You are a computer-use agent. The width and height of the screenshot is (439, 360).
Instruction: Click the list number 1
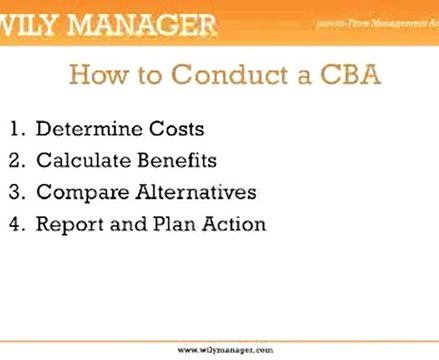(x=17, y=128)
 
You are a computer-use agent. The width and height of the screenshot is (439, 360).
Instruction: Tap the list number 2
(x=17, y=160)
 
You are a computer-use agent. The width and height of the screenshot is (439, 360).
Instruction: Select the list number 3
(x=17, y=192)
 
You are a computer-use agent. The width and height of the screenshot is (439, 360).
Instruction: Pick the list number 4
(x=17, y=224)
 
